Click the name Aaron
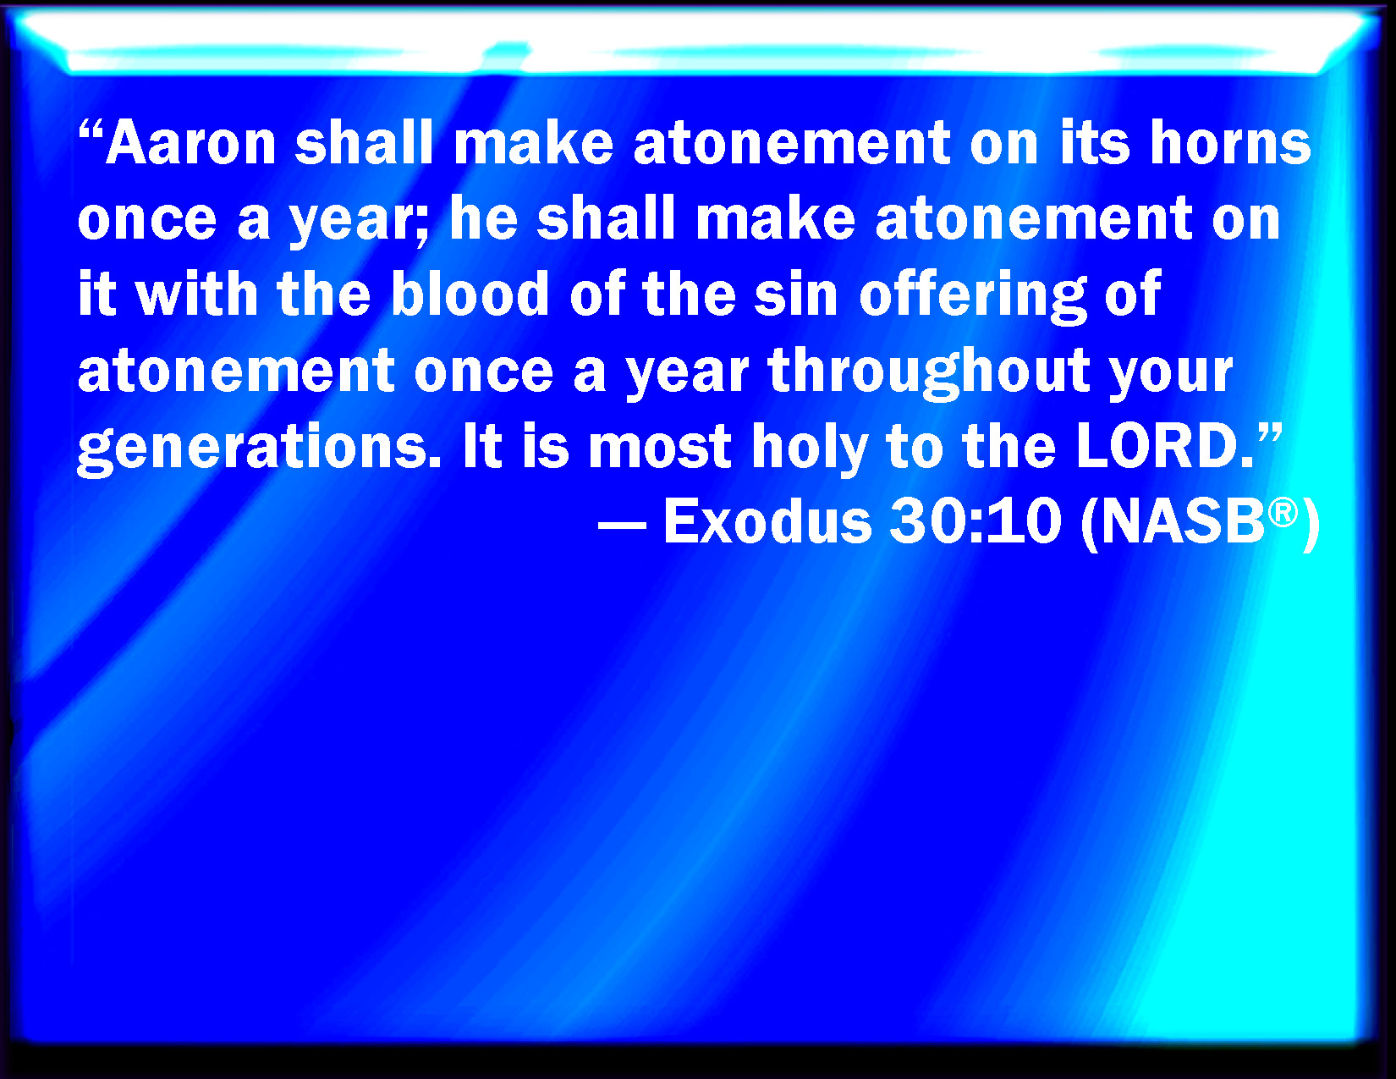tap(191, 143)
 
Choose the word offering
tap(973, 297)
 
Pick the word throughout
tap(929, 372)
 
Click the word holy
tap(810, 449)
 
